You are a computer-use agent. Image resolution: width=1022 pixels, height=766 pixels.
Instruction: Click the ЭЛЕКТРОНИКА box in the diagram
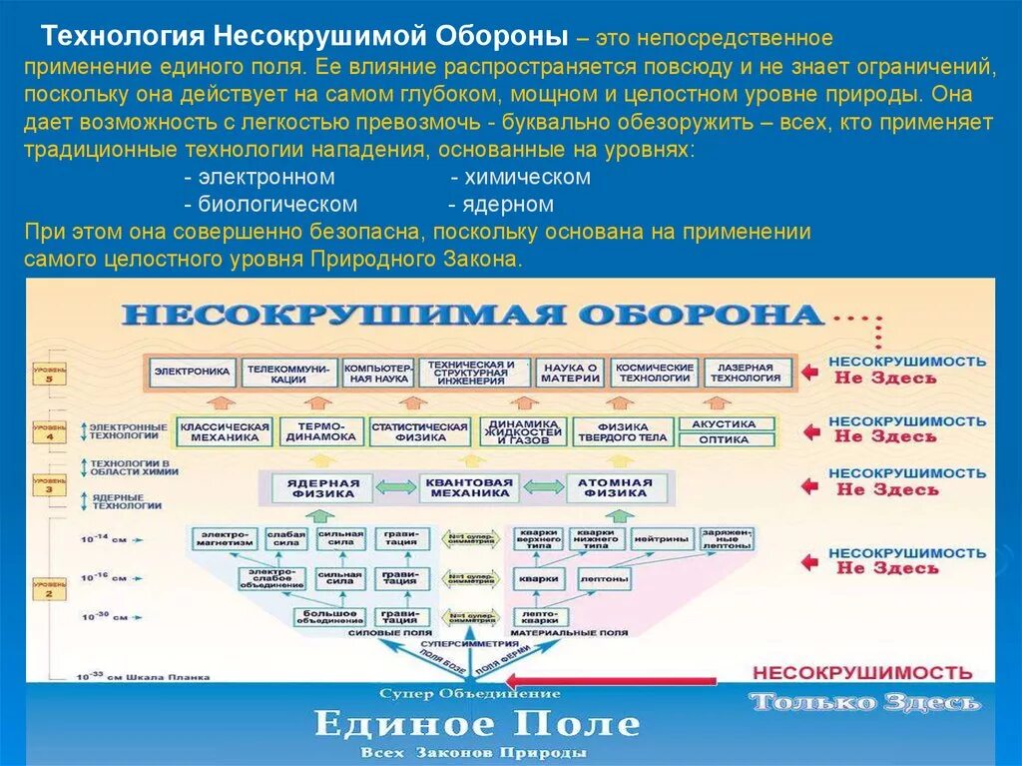tap(193, 373)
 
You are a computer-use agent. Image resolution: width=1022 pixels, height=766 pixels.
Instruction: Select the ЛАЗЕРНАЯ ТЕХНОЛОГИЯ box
tap(748, 373)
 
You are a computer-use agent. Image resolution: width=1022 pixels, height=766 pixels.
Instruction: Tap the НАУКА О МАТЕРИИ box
tap(572, 373)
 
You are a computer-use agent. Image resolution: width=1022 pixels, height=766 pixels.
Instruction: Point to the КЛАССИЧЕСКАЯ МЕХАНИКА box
tap(225, 431)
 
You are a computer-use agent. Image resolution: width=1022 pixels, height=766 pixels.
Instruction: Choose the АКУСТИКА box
tap(724, 423)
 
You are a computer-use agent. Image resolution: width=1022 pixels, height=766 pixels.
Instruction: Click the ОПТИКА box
tap(724, 439)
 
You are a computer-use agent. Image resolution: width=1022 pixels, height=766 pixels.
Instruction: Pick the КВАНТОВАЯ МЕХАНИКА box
tap(469, 487)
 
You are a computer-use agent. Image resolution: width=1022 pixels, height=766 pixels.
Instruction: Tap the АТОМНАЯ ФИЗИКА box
tap(616, 487)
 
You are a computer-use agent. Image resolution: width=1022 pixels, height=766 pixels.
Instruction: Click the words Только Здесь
tap(864, 702)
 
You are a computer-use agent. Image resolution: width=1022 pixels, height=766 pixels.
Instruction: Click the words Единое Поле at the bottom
tap(477, 722)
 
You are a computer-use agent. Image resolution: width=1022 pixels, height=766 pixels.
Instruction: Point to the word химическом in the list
tap(520, 177)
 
